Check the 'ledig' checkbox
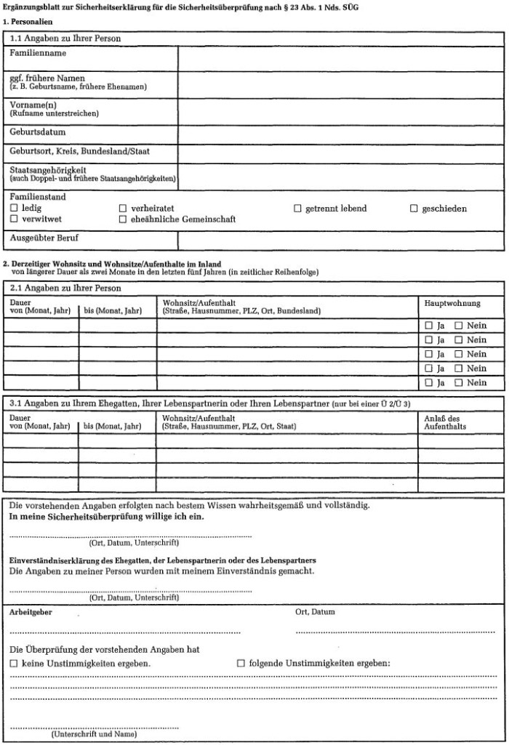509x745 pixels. point(14,209)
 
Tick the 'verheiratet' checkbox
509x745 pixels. point(123,209)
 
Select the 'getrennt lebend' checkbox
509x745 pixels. point(297,209)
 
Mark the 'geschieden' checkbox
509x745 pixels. point(414,209)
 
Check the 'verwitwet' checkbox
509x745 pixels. point(14,219)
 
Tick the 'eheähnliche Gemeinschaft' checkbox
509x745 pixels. point(123,219)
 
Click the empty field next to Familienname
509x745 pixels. point(340,60)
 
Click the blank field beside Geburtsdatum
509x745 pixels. point(340,134)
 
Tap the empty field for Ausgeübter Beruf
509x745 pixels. point(340,241)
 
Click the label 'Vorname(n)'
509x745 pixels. point(33,105)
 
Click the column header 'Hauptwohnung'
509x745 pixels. point(452,303)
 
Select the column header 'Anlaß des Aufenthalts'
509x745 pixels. point(442,422)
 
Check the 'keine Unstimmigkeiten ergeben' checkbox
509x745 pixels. point(14,664)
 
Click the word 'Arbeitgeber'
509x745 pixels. point(30,613)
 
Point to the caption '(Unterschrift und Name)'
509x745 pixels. point(94,734)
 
